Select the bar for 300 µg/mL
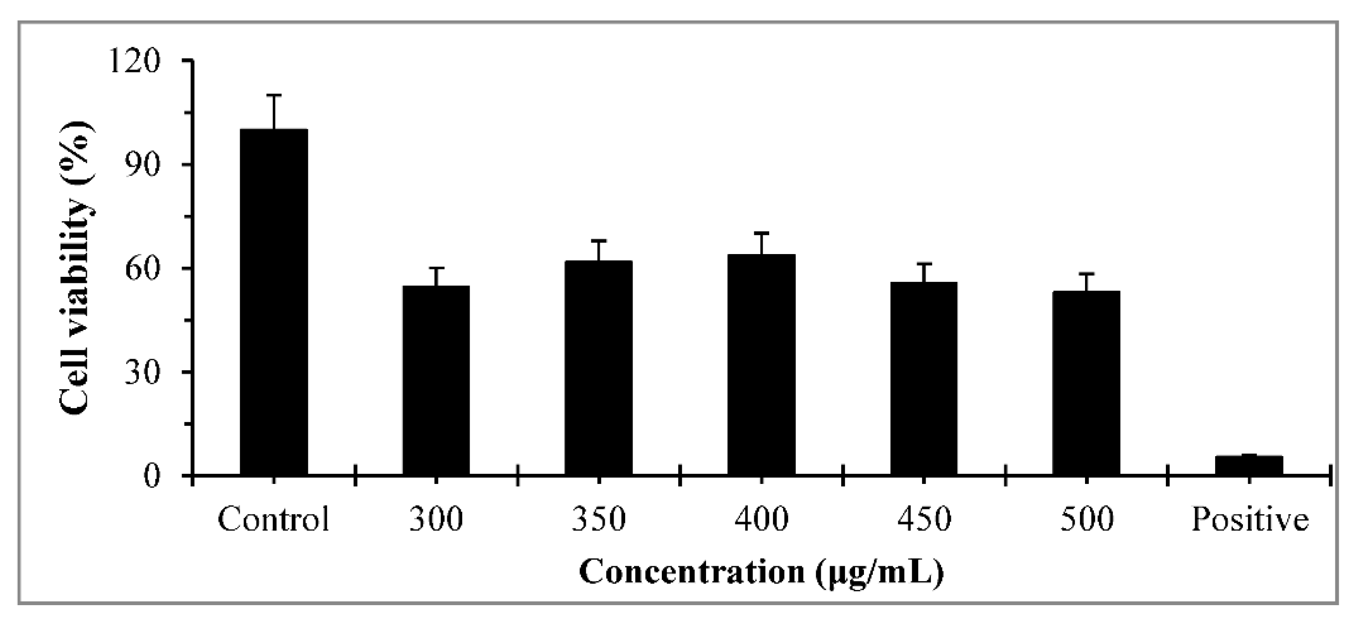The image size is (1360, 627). [436, 380]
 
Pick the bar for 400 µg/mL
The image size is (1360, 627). [761, 364]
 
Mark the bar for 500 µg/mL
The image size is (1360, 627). [1086, 383]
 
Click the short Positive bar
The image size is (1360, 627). [1249, 464]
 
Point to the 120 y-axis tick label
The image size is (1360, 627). [135, 62]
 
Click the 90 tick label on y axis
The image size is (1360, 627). [142, 165]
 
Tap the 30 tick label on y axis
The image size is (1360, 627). [142, 372]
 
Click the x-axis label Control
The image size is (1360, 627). [274, 519]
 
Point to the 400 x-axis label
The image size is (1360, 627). [761, 519]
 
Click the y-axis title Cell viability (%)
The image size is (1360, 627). [77, 269]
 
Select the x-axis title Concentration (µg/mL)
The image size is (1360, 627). [761, 573]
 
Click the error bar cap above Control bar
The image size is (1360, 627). [274, 95]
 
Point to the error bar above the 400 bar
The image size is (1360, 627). [761, 243]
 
